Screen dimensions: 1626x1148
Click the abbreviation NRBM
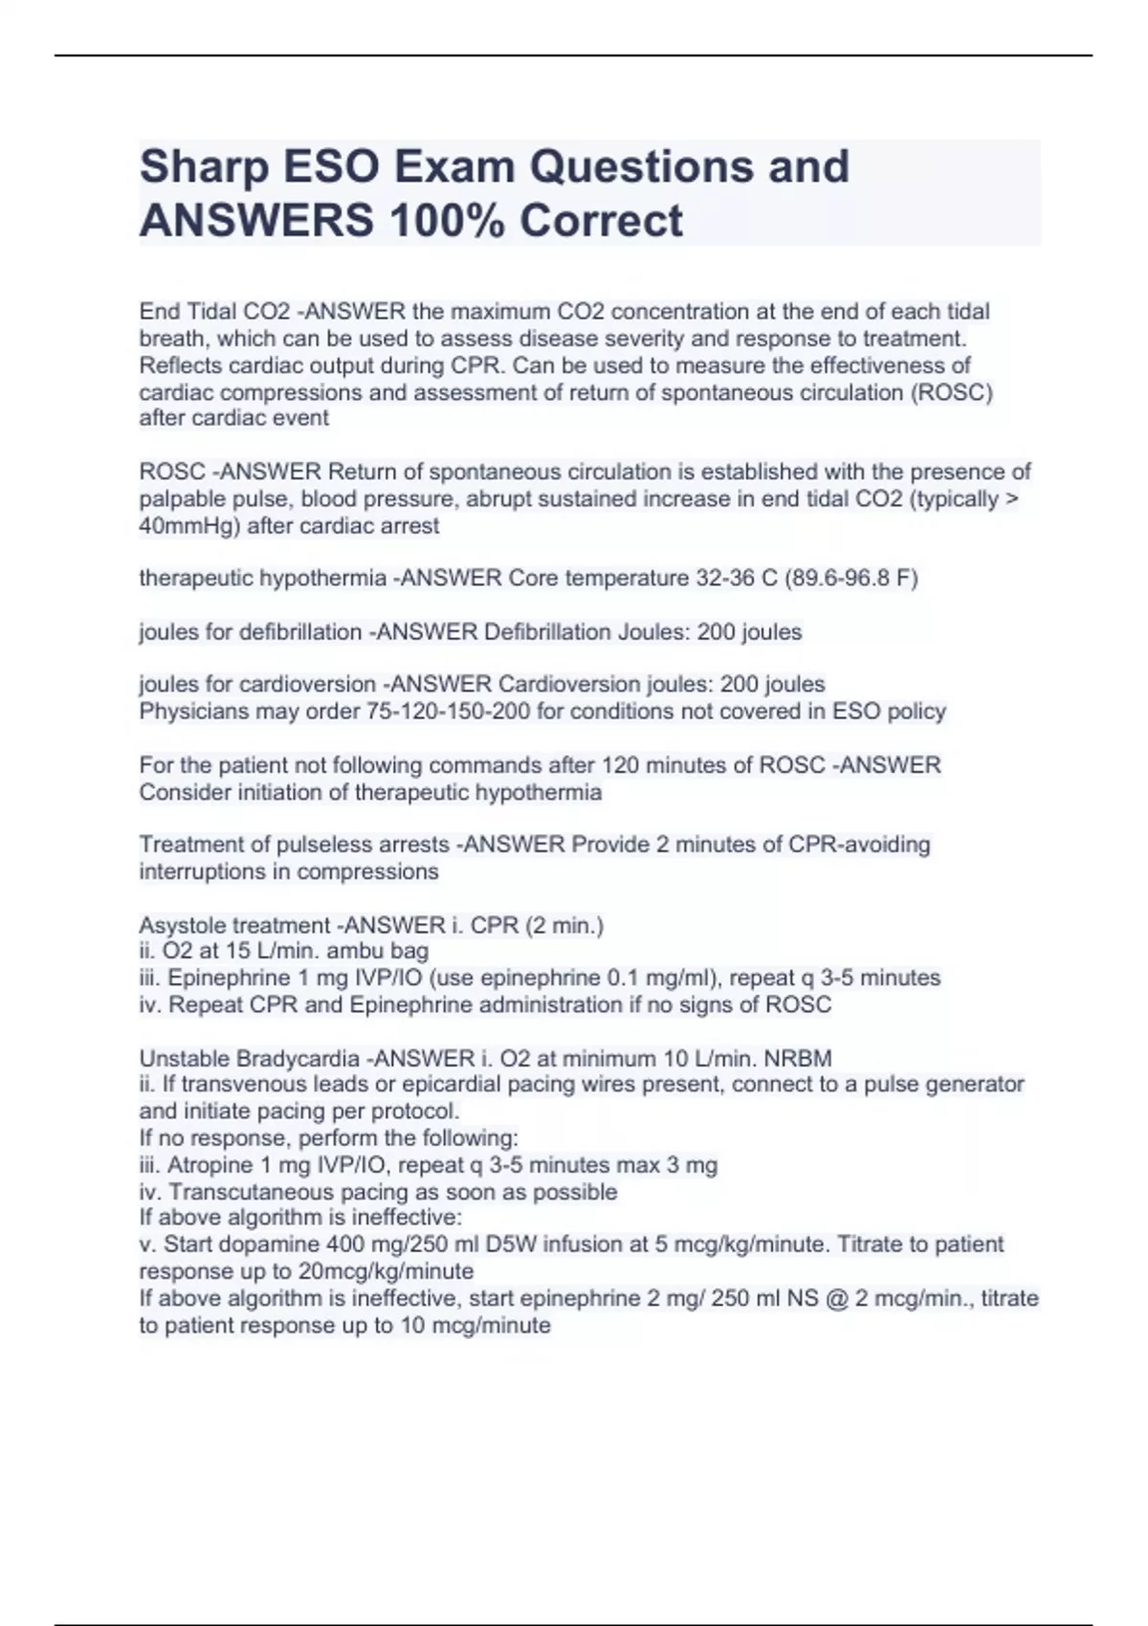point(798,1059)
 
